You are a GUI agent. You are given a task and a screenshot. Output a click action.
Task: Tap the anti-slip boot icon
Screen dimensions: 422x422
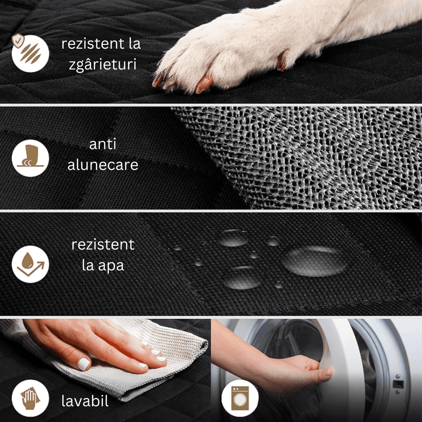30,158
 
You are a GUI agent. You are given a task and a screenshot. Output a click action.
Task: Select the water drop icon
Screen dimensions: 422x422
30,264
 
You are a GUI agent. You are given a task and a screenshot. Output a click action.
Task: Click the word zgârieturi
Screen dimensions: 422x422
102,64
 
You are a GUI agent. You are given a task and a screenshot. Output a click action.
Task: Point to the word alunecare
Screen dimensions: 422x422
102,165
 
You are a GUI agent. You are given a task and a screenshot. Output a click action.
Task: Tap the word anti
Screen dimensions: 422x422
102,144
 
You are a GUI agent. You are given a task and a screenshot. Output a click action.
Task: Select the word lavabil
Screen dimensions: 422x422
85,401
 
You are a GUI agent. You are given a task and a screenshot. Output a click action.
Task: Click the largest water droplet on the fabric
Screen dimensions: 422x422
314,261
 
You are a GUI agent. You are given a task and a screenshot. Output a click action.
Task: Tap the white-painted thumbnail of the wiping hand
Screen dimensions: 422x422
83,363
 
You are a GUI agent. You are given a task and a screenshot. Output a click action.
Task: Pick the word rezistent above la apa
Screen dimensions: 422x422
103,245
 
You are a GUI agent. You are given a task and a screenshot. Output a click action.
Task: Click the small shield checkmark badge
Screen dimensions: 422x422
18,41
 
